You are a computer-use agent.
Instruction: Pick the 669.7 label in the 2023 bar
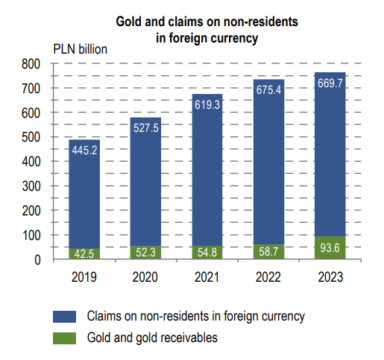(330, 83)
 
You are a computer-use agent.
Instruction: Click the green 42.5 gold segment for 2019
(84, 253)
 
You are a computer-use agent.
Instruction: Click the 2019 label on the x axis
(84, 277)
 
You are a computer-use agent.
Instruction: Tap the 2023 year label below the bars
(330, 277)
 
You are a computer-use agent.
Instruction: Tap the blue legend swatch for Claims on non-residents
(64, 316)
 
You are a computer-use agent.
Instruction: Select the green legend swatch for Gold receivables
(64, 338)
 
